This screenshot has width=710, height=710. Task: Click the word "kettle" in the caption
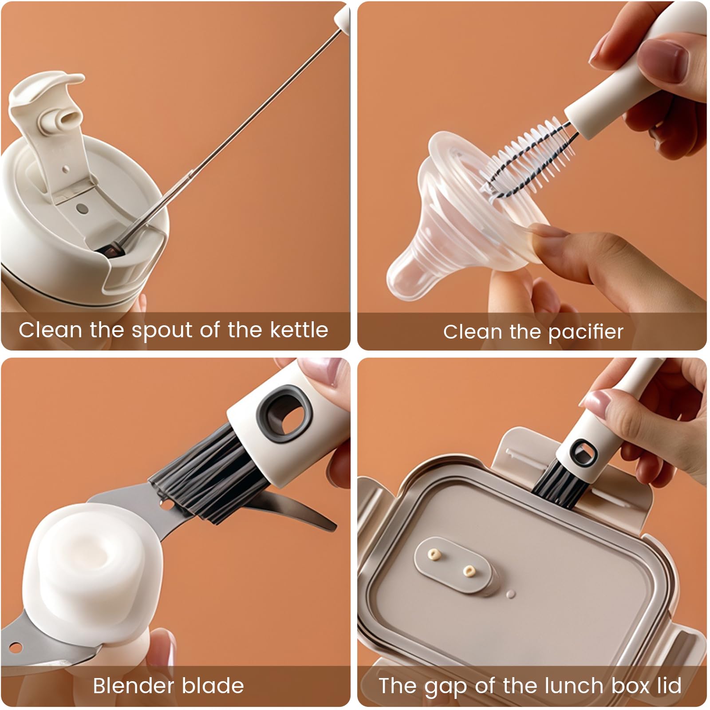pos(300,330)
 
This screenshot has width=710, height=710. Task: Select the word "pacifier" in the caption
pos(586,332)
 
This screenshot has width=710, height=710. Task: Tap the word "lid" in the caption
pos(669,686)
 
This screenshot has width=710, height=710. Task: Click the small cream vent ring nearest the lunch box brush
pos(468,571)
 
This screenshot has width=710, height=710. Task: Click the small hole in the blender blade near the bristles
pos(165,505)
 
